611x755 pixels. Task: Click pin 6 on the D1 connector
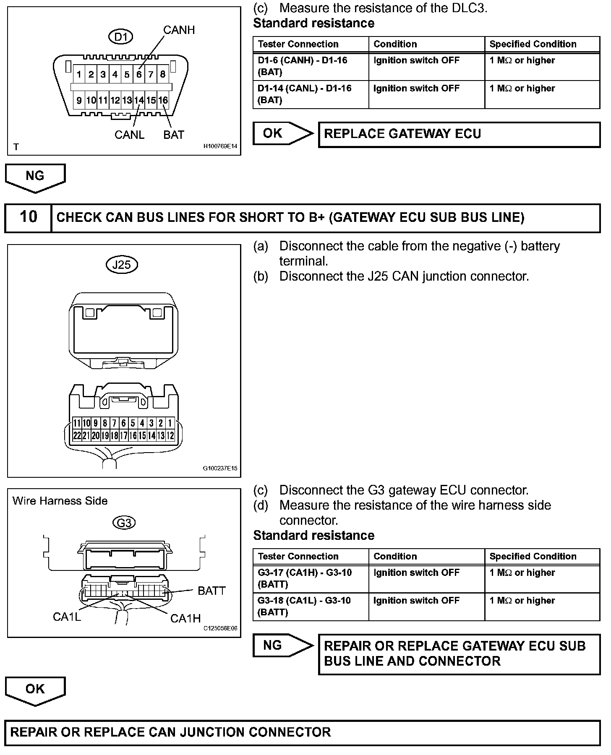click(x=139, y=75)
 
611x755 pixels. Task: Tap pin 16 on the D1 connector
click(x=163, y=100)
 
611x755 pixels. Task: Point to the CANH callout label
click(x=179, y=30)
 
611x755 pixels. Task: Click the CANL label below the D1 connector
click(x=129, y=135)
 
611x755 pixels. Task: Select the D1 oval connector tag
click(x=120, y=37)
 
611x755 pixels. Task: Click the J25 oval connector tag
click(x=122, y=265)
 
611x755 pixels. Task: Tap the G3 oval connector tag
click(x=124, y=523)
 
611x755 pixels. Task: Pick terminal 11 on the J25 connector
click(x=77, y=423)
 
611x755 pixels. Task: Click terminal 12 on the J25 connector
click(x=170, y=436)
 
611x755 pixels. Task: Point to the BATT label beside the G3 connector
click(x=211, y=591)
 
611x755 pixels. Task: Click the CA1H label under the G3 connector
click(x=185, y=618)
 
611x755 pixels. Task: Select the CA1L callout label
click(x=67, y=617)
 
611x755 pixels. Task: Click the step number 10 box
click(x=28, y=217)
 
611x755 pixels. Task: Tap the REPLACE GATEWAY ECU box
click(x=459, y=134)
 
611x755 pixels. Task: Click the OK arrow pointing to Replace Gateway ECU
click(x=282, y=133)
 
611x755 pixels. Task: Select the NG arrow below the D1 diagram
click(x=35, y=177)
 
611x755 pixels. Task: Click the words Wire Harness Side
click(x=60, y=501)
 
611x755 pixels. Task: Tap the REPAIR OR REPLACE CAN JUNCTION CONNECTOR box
click(x=302, y=732)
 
